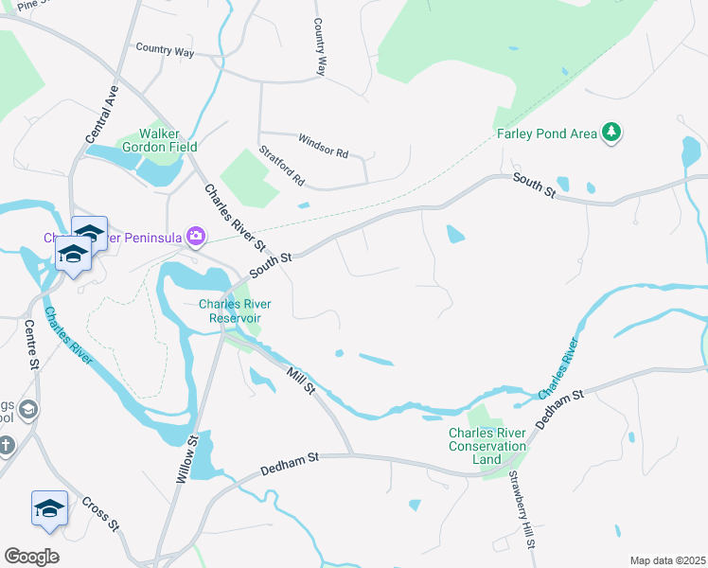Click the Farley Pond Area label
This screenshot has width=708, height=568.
(x=547, y=133)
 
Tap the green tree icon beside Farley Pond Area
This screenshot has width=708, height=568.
(x=612, y=132)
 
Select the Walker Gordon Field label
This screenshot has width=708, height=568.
(x=168, y=140)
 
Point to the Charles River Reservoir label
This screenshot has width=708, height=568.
(x=229, y=311)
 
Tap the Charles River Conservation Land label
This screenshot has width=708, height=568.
(x=487, y=446)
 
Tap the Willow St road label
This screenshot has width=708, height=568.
(x=185, y=460)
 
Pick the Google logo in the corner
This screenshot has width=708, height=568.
(x=31, y=556)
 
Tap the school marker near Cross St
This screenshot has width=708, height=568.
(x=49, y=509)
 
